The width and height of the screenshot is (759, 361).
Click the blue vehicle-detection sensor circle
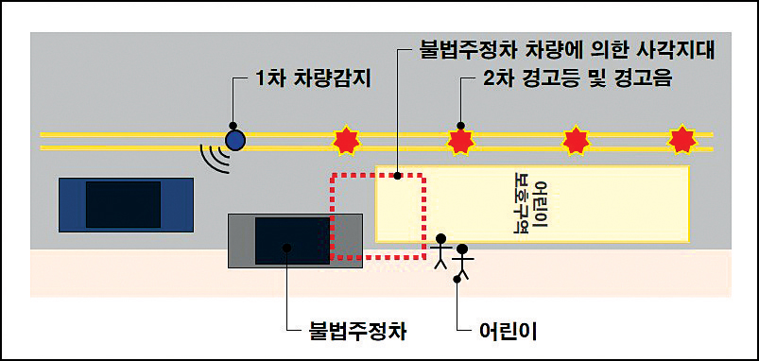(234, 141)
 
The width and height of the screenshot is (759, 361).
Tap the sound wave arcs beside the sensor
(216, 157)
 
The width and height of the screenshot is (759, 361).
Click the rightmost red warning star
(681, 141)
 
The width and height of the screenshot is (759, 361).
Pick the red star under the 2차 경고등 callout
(460, 142)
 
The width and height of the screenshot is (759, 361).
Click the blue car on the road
(125, 203)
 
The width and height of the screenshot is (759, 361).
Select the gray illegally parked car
(295, 240)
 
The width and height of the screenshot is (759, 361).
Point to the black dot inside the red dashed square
(399, 176)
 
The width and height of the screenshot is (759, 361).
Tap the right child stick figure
(462, 260)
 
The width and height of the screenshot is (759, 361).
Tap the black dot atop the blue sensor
(234, 126)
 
